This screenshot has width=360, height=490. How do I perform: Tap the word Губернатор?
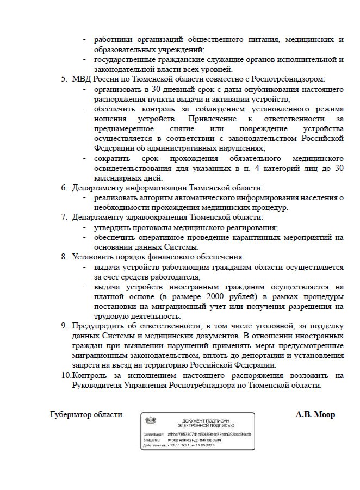point(72,414)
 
